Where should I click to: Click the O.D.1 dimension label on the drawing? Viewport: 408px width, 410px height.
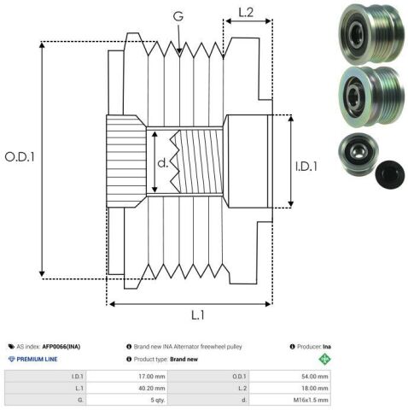(20, 156)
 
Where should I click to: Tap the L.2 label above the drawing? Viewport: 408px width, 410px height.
(246, 13)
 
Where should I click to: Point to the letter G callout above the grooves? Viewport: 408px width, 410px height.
(178, 16)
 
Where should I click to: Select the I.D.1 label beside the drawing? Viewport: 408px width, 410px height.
(306, 167)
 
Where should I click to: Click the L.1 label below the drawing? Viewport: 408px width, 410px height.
(198, 315)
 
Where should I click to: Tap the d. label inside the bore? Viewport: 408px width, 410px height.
(163, 163)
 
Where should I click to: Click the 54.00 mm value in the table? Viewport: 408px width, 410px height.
(315, 377)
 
